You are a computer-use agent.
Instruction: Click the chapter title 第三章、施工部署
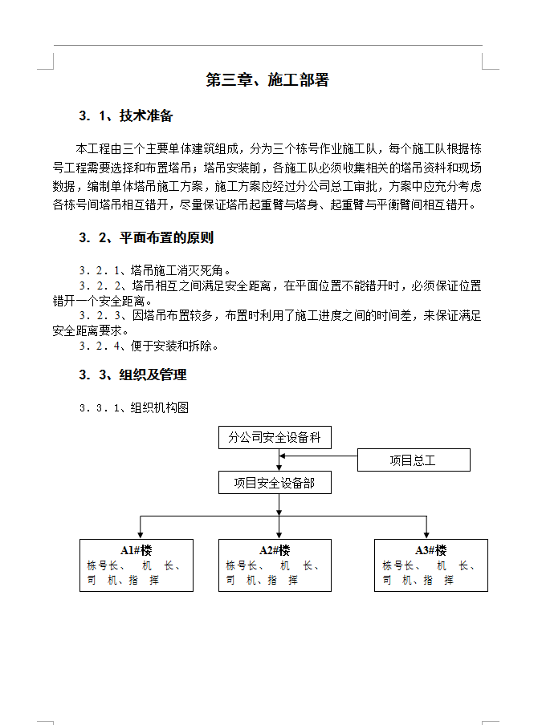pyautogui.click(x=267, y=80)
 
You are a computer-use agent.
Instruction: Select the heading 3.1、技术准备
pyautogui.click(x=126, y=116)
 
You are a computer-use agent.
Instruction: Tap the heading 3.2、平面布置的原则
pyautogui.click(x=146, y=238)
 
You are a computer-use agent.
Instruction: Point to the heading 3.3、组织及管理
pyautogui.click(x=132, y=375)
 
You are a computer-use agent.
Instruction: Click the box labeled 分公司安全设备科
pyautogui.click(x=275, y=438)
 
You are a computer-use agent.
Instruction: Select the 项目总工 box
pyautogui.click(x=413, y=460)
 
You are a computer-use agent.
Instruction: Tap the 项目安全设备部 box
pyautogui.click(x=275, y=483)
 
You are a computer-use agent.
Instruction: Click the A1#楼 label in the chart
pyautogui.click(x=137, y=550)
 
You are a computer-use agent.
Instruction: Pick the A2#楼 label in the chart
pyautogui.click(x=275, y=550)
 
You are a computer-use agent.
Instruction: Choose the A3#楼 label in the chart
pyautogui.click(x=430, y=550)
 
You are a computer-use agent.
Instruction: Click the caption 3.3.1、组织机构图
pyautogui.click(x=134, y=407)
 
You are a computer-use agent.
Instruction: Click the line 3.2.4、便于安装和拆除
pyautogui.click(x=149, y=346)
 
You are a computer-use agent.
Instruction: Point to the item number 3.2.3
pyautogui.click(x=100, y=316)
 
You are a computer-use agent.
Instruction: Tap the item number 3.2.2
pyautogui.click(x=100, y=286)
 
